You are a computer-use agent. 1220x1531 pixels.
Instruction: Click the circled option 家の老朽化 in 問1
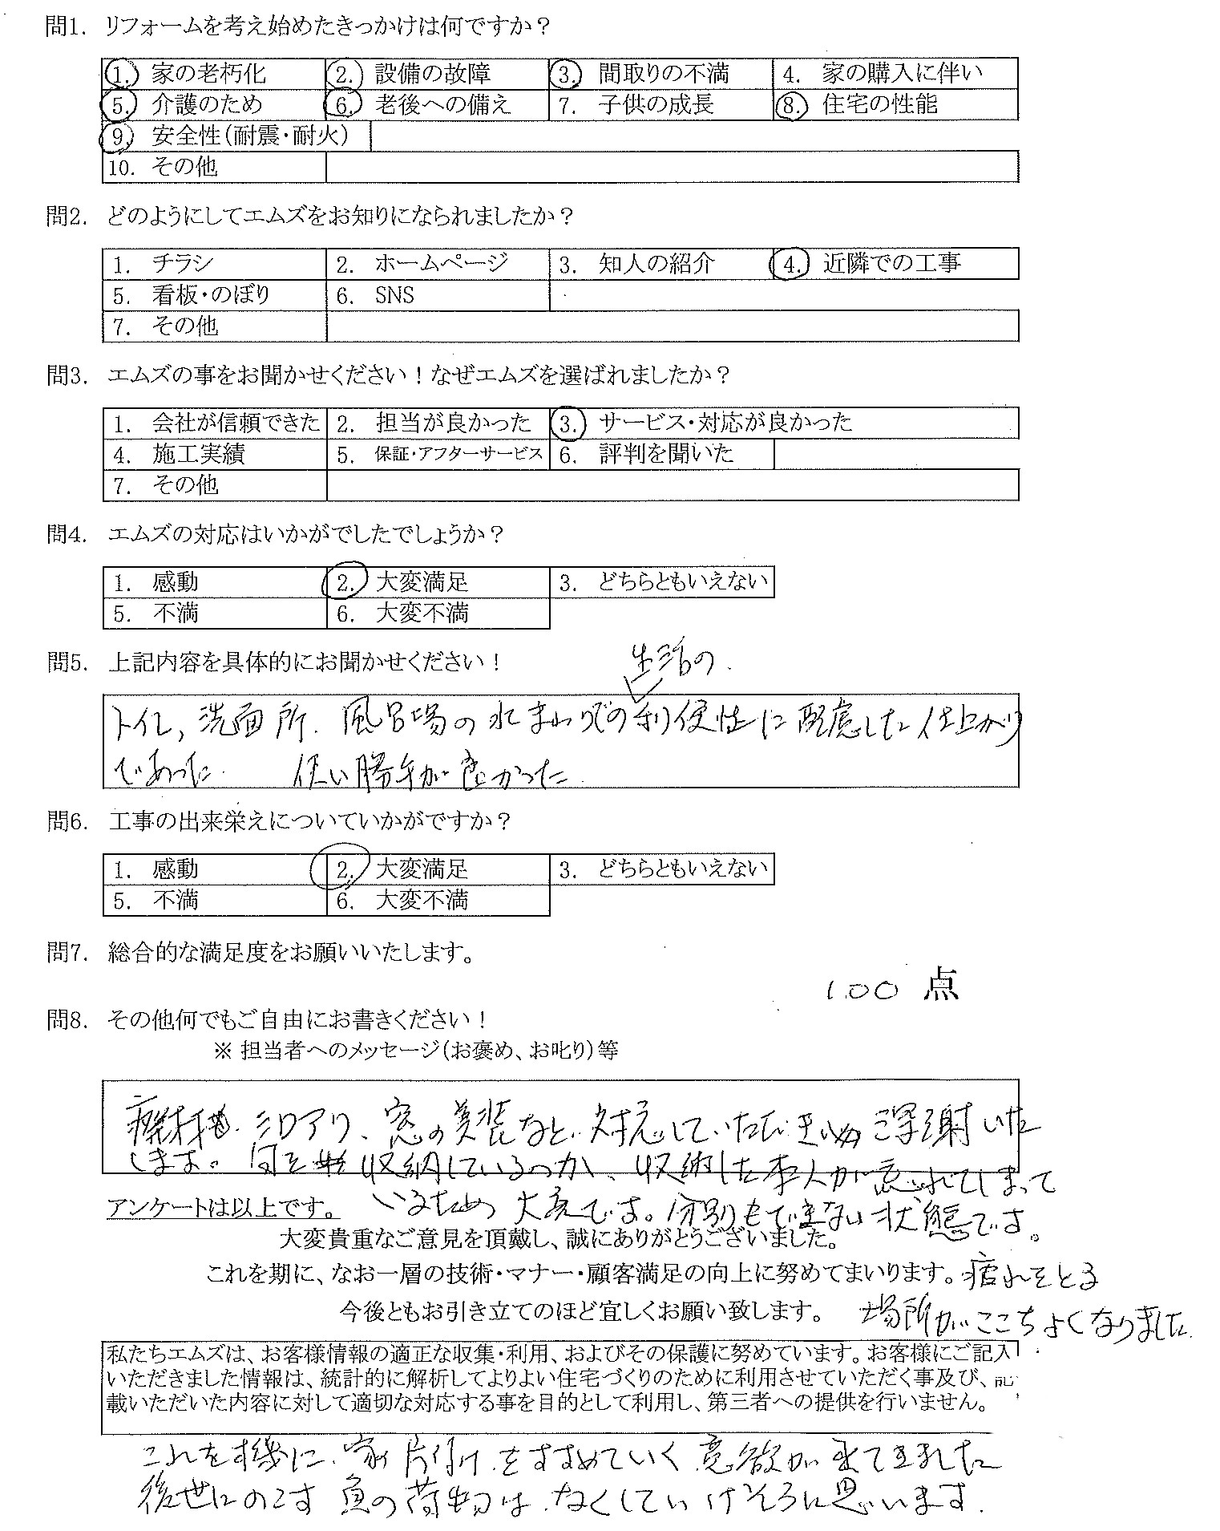coord(208,75)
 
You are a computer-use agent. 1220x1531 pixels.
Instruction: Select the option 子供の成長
coord(655,105)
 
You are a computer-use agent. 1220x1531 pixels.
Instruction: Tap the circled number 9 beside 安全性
coord(117,137)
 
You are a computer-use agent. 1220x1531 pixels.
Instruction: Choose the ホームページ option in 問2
coord(441,264)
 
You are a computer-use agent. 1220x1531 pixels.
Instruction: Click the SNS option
coord(394,295)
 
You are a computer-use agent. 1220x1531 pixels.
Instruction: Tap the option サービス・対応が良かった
coord(725,423)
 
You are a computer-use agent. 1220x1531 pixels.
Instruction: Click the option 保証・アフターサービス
coord(459,455)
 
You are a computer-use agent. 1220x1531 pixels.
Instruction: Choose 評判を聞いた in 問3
coord(665,455)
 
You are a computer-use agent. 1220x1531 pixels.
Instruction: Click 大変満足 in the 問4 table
coord(421,582)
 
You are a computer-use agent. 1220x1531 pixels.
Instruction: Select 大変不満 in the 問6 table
coord(421,901)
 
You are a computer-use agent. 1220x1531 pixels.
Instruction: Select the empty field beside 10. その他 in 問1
coord(672,168)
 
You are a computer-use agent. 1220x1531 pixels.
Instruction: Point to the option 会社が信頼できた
coord(235,423)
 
